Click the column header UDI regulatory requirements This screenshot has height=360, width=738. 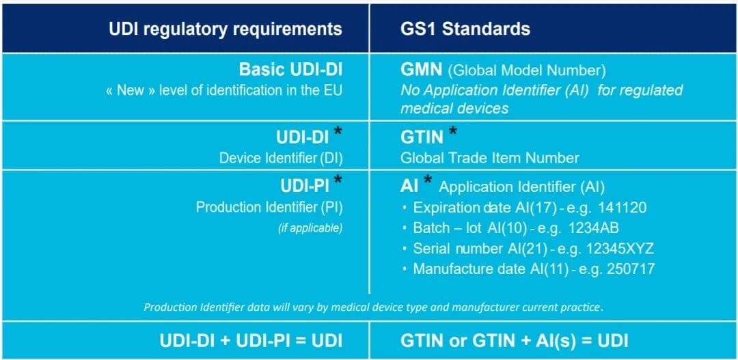pyautogui.click(x=225, y=29)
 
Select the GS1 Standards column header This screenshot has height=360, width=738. pyautogui.click(x=465, y=29)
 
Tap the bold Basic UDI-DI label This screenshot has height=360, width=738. pyautogui.click(x=290, y=70)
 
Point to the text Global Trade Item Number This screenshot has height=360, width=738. pyautogui.click(x=489, y=158)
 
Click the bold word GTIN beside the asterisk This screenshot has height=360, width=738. pyautogui.click(x=422, y=138)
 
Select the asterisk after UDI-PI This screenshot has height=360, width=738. pyautogui.click(x=338, y=182)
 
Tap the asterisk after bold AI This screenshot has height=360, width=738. pyautogui.click(x=428, y=182)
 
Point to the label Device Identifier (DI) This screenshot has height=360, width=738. pyautogui.click(x=281, y=158)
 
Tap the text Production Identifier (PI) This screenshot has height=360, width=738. pyautogui.click(x=269, y=207)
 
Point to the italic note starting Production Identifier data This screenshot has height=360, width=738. pyautogui.click(x=373, y=307)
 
